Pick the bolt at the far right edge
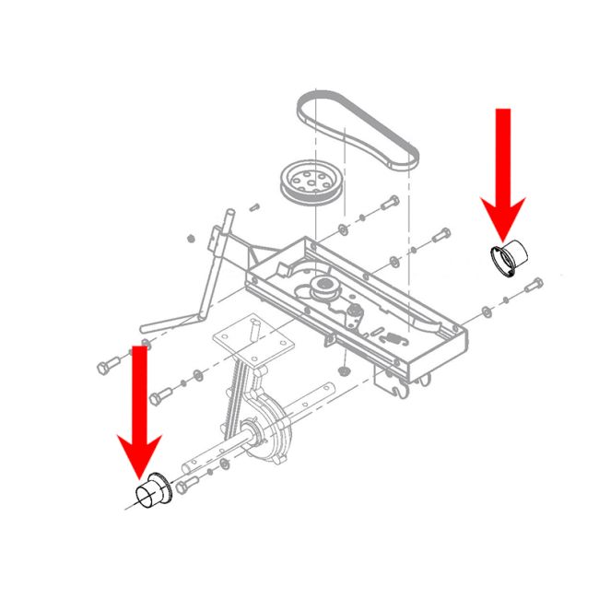[x=533, y=289]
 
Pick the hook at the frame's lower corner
[x=400, y=394]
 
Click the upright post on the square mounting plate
[x=252, y=325]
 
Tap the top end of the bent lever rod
[x=226, y=214]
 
